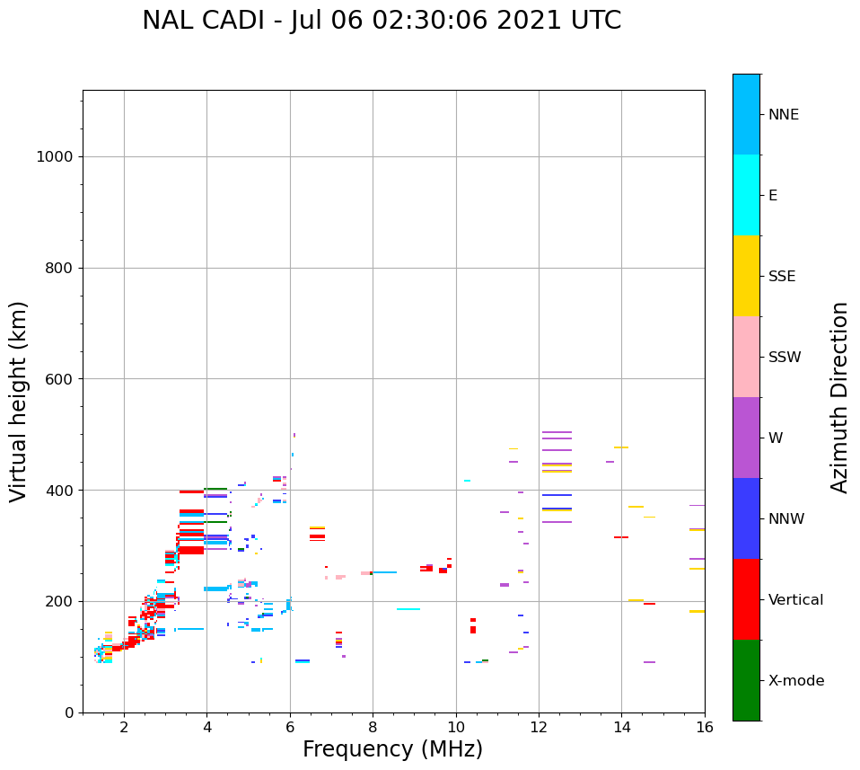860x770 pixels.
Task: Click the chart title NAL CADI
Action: [381, 21]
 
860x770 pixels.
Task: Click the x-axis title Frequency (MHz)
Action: [392, 749]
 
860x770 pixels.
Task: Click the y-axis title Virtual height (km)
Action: [19, 401]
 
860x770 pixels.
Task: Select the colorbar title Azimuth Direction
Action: [839, 397]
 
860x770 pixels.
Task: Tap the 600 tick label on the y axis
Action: [59, 379]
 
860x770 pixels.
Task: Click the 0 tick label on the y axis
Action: [67, 712]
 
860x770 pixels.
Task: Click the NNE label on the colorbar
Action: [783, 115]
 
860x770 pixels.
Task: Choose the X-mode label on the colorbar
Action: [796, 681]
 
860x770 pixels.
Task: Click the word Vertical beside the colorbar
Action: [796, 600]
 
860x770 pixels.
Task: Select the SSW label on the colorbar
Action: [785, 358]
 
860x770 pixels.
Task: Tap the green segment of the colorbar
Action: [746, 680]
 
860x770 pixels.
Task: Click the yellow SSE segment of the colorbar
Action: [746, 276]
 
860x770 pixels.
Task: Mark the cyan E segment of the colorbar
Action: [746, 195]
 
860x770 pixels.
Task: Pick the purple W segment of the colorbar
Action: [746, 438]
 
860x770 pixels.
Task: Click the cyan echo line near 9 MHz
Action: [408, 609]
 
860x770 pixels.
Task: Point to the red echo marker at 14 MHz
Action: [620, 537]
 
